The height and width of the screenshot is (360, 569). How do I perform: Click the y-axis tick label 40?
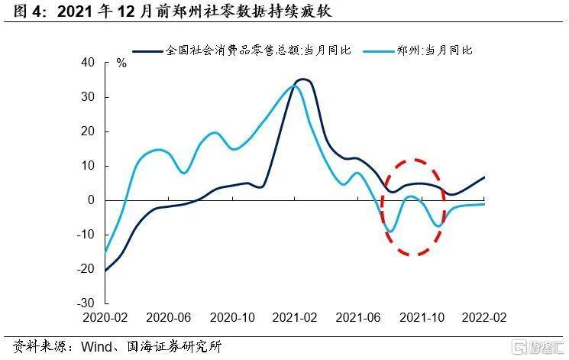coord(87,63)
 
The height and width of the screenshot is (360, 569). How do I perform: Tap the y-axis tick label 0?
coord(90,200)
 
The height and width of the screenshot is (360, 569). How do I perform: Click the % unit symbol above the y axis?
coord(121,63)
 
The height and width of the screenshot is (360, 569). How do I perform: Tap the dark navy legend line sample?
coord(148,50)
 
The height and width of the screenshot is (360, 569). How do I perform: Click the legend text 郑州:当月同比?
coord(435,50)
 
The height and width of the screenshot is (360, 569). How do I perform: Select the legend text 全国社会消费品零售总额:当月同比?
coord(258,50)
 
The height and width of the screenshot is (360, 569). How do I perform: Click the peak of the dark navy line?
coord(303,79)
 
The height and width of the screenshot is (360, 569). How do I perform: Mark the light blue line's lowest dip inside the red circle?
coord(390,232)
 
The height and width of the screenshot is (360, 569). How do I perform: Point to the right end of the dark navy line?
coord(484,177)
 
